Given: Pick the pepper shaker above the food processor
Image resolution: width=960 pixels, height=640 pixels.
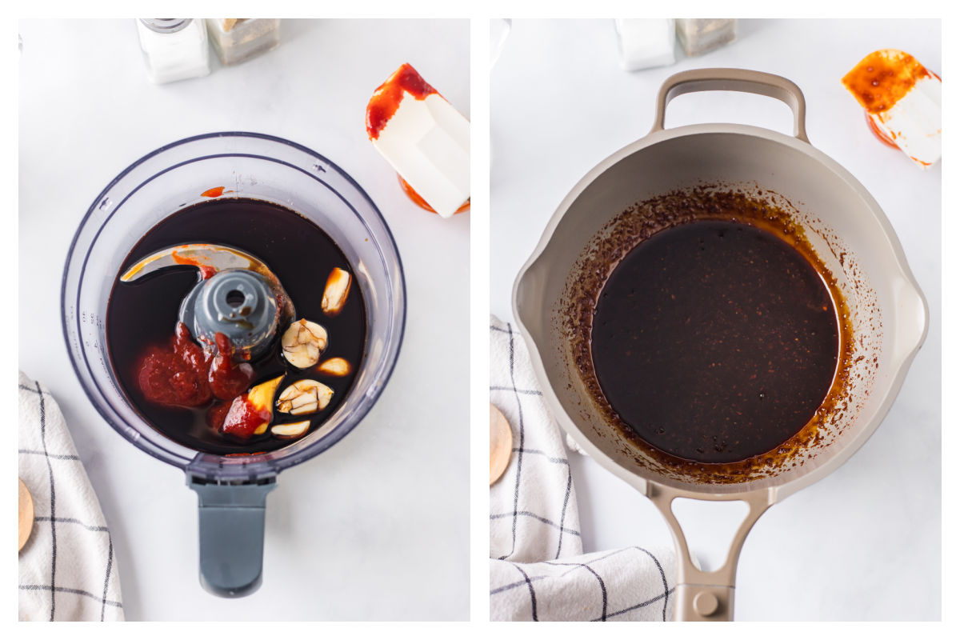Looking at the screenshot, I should click(243, 39).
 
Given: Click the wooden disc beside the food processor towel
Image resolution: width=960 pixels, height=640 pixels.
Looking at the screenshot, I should click(25, 512).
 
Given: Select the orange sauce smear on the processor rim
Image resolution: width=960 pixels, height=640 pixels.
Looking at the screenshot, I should click(213, 192).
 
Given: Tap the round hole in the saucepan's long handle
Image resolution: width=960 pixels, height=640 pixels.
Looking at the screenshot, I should click(706, 602).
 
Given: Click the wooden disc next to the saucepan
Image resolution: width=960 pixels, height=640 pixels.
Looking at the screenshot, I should click(499, 444).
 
